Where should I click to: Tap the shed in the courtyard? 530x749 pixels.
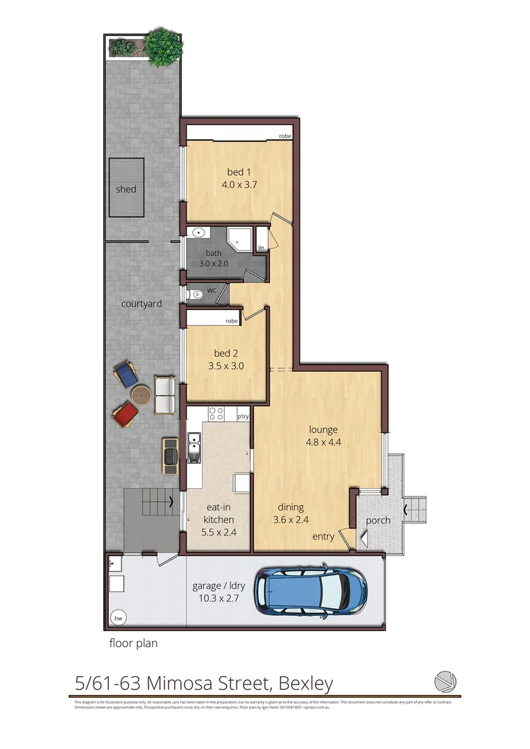coord(126,189)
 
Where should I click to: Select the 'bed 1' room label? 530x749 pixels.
coord(237,172)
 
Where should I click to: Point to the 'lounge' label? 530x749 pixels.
coord(323,430)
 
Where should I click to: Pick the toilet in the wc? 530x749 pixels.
coord(197,294)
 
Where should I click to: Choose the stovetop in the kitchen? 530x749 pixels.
coord(216,414)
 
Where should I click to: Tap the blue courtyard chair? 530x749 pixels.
coord(126,375)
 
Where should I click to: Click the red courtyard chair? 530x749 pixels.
coord(125,415)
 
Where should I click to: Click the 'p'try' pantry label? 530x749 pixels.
coord(243,417)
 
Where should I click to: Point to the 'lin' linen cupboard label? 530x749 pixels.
coord(262,248)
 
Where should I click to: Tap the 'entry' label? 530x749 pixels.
coord(323,537)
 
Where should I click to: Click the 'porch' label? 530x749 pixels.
coord(378,520)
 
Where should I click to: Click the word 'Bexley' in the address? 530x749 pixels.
coord(306,684)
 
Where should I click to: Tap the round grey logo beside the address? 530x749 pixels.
coord(444,681)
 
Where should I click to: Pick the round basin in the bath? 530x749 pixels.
coord(198,234)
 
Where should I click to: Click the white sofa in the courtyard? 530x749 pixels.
coord(165,394)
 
